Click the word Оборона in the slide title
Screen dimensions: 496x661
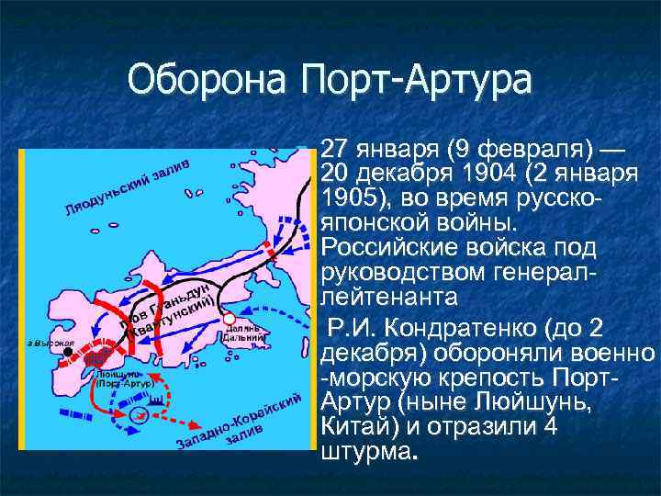click(x=207, y=80)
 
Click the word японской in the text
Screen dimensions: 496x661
click(x=372, y=223)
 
